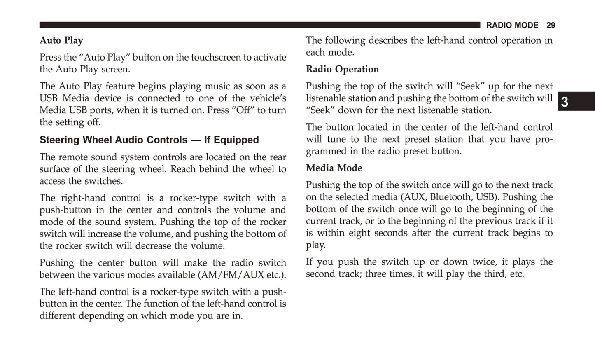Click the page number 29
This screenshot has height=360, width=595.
coord(551,26)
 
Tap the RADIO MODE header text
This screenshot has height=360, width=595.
coord(512,26)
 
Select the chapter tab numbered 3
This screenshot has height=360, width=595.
coord(565,102)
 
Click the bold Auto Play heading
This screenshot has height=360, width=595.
coord(61,40)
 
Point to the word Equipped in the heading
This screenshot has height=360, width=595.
coord(238,140)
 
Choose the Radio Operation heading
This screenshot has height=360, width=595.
coord(342,69)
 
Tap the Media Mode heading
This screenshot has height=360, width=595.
coord(334,168)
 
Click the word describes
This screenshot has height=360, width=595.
coord(387,40)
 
